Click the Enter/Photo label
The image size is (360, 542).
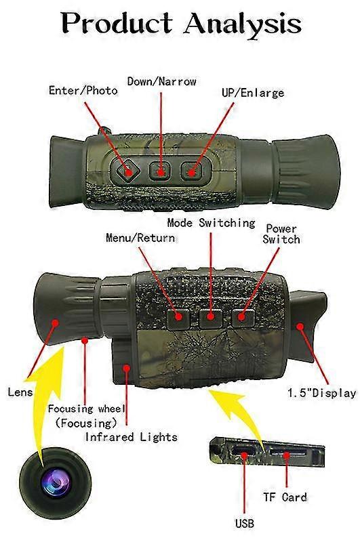tap(83, 91)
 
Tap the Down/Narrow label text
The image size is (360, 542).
tap(162, 81)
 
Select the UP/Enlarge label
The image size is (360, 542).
tap(253, 93)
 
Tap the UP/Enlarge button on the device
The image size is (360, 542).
tap(191, 171)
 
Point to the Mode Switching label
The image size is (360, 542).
tap(211, 223)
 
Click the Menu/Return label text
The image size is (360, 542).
tap(140, 238)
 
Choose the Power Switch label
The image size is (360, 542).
tap(281, 234)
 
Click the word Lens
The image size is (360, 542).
tap(20, 392)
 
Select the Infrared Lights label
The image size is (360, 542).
tap(132, 437)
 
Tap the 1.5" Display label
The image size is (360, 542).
tap(322, 393)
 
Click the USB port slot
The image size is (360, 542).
tap(243, 451)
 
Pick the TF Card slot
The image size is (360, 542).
tap(287, 452)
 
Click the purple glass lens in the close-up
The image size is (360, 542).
tap(56, 482)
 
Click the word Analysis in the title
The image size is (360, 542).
tap(243, 24)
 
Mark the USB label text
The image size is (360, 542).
tap(245, 523)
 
